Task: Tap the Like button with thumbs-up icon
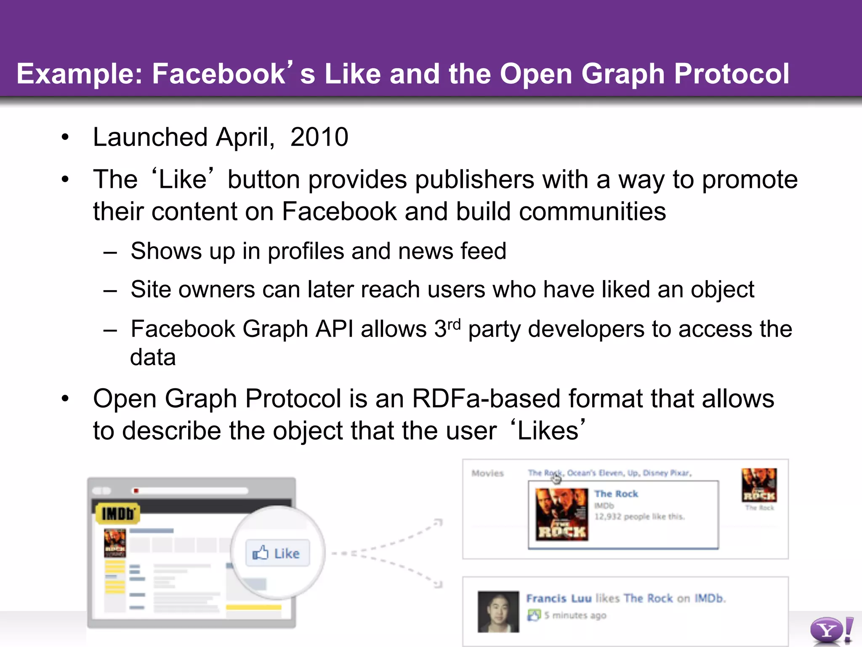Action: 277,553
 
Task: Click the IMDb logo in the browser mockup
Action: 117,513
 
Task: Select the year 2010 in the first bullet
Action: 319,137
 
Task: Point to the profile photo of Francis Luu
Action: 498,612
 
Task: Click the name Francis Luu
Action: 559,599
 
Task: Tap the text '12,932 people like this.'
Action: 639,517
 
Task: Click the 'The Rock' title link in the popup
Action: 616,494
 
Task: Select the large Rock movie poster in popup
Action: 561,514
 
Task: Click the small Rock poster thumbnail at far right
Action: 759,485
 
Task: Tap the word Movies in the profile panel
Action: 487,473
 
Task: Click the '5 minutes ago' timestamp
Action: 575,615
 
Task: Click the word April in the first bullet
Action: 245,137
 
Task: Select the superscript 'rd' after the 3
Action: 454,324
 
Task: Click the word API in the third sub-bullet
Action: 334,329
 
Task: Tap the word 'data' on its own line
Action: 153,358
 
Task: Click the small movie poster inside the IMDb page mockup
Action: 114,543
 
